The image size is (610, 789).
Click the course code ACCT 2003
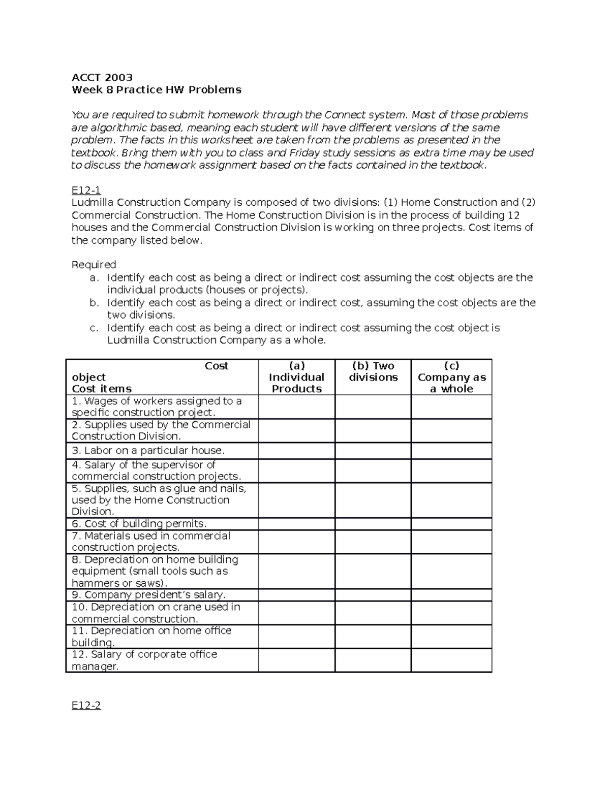[102, 77]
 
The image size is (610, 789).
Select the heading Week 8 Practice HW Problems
[156, 90]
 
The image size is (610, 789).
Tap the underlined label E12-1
[86, 190]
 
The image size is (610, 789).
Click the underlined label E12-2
[86, 705]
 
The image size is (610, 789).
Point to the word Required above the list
[94, 265]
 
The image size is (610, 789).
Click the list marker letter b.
[93, 303]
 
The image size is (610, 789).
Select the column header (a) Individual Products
[296, 377]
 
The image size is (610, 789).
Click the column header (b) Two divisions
[373, 372]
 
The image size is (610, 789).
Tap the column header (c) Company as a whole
[451, 377]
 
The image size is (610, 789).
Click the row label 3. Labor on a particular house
[148, 451]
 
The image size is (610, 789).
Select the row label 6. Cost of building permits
[139, 524]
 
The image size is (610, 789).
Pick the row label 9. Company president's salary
[148, 595]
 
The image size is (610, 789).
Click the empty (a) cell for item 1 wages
[296, 407]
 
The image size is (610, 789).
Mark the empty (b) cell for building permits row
[373, 524]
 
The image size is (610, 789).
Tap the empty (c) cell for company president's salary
[451, 595]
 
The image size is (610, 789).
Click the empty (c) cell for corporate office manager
[451, 660]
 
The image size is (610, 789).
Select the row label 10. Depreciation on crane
[156, 613]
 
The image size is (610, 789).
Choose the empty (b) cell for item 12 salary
[373, 660]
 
